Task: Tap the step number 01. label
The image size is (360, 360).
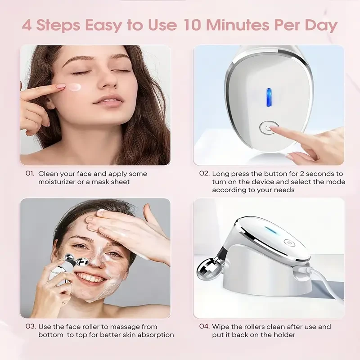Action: tap(30, 174)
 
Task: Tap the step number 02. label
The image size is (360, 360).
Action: tap(204, 174)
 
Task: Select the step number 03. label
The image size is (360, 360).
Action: tap(30, 327)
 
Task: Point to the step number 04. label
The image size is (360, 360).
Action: tap(204, 327)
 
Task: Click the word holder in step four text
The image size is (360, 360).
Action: tap(285, 335)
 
